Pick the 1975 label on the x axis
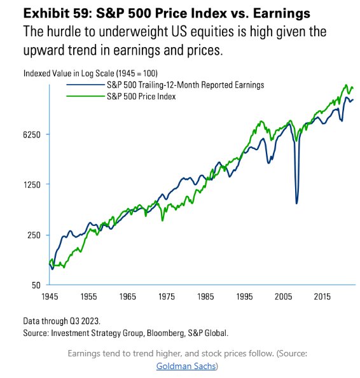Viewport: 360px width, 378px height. click(167, 297)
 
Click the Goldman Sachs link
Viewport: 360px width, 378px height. click(186, 367)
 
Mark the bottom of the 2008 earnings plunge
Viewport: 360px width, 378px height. click(297, 204)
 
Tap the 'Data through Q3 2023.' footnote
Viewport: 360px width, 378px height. click(62, 321)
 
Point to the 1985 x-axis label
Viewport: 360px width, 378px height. click(205, 297)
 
